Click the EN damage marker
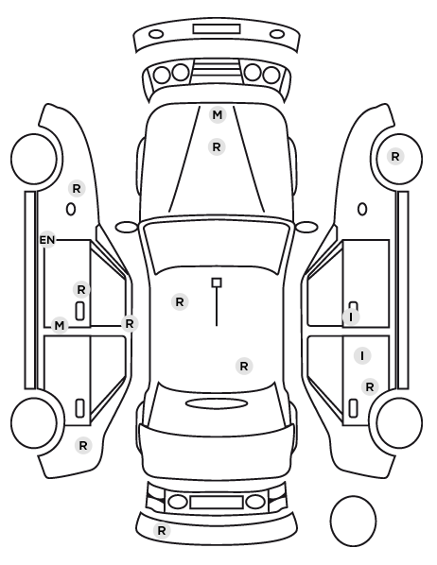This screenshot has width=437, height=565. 47,240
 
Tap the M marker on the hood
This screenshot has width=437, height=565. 218,115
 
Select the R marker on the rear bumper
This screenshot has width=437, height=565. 162,530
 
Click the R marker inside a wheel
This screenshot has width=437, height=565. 395,157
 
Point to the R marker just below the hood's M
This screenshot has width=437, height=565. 217,147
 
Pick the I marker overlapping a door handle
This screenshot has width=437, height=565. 351,317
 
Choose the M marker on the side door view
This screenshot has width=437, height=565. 60,326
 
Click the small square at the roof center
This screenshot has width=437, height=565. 217,282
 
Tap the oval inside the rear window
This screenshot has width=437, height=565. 217,403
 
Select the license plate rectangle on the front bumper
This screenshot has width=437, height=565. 217,29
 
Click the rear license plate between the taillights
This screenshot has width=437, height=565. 217,502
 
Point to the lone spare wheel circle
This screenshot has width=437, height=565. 353,521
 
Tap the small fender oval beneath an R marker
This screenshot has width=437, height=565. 71,210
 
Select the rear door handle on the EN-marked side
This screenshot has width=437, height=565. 79,408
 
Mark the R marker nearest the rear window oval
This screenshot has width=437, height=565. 244,366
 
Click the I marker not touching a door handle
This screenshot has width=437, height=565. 362,356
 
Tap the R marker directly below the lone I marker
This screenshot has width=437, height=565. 370,387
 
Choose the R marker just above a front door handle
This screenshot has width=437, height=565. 81,289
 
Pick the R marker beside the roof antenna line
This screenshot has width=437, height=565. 180,302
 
